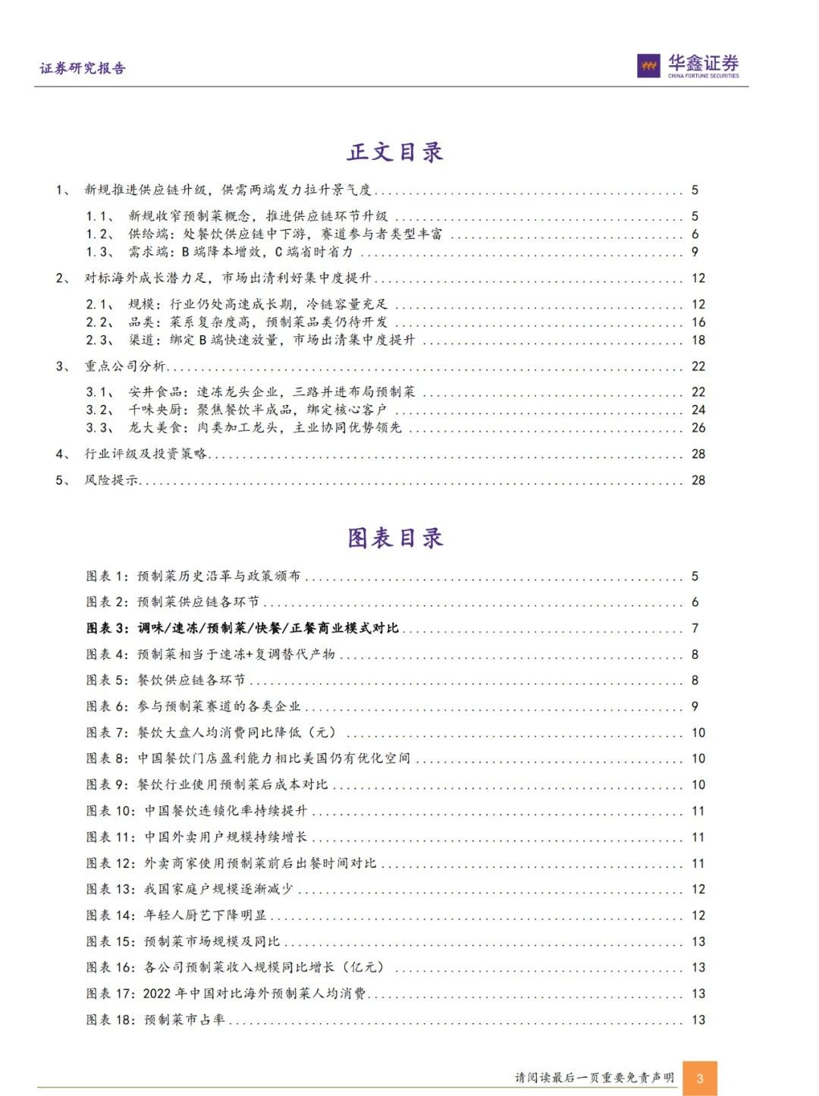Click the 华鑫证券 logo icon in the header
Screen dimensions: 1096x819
[648, 67]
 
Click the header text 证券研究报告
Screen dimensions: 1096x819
[83, 68]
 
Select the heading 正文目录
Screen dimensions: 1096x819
[395, 152]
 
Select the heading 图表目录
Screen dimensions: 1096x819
[395, 539]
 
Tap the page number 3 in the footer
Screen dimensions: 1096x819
[700, 1078]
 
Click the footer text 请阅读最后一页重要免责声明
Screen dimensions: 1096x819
[595, 1078]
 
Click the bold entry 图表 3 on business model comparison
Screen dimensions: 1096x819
[243, 628]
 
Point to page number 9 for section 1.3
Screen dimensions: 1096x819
[695, 252]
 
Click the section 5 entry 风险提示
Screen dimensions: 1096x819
[111, 480]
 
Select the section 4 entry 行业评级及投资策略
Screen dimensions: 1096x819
[146, 454]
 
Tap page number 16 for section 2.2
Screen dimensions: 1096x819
[698, 322]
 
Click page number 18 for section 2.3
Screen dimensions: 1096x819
[698, 340]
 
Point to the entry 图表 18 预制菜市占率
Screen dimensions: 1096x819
[155, 1019]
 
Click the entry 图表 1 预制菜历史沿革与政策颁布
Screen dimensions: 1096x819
[193, 576]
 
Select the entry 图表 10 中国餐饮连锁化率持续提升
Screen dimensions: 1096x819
[197, 811]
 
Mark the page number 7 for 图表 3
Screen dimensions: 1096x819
[695, 628]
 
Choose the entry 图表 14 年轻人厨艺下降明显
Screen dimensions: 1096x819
[177, 915]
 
